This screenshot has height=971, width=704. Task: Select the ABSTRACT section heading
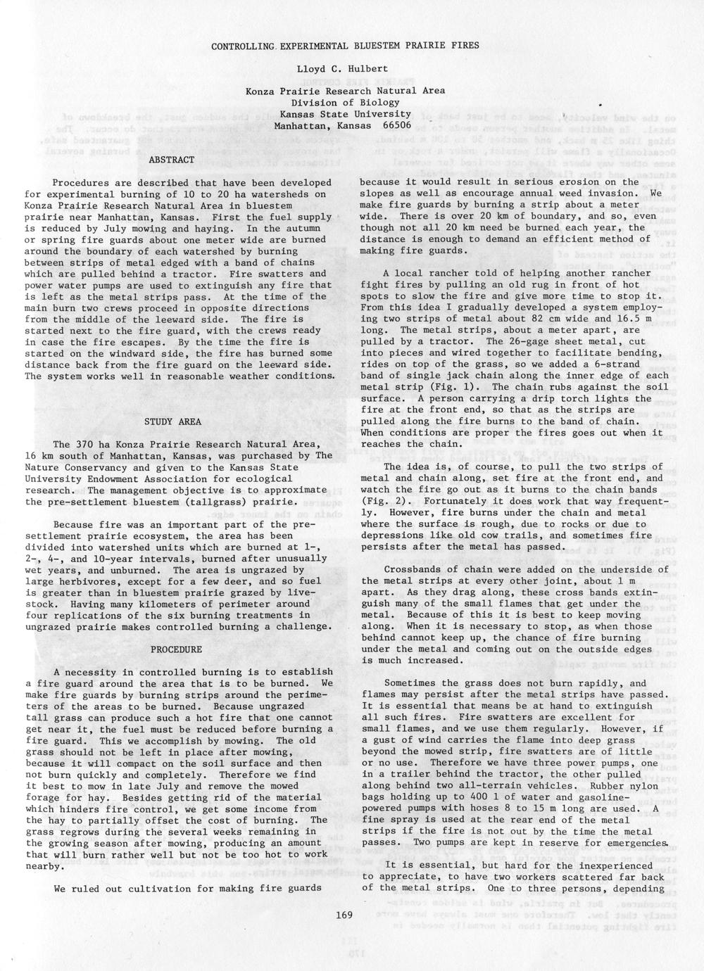tap(172, 160)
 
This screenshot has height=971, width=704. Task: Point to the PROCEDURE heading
tap(176, 649)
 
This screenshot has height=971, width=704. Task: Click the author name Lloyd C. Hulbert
tap(345, 70)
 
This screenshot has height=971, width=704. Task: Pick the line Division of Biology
tap(345, 103)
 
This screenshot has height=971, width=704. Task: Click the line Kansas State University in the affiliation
tap(345, 114)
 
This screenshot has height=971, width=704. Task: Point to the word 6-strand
tap(630, 364)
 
